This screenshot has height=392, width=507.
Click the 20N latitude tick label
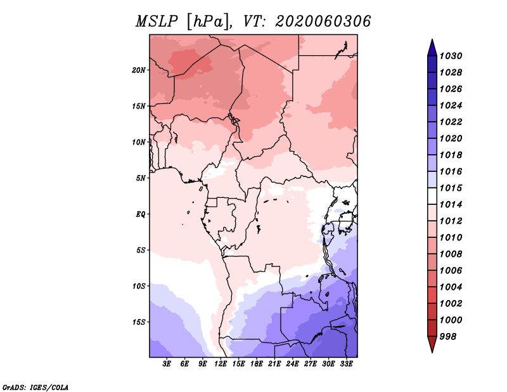point(138,70)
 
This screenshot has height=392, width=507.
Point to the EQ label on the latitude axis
point(140,214)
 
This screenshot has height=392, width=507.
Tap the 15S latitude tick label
point(138,322)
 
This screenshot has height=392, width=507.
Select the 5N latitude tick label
point(140,178)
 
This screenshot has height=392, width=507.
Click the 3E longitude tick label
point(167,364)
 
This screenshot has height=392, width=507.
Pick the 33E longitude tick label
point(346,364)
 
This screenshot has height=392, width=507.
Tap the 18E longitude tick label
point(257,364)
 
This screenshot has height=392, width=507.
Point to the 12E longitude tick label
point(221,364)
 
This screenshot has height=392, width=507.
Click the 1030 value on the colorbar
point(451,56)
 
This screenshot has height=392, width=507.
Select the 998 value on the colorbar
point(448,337)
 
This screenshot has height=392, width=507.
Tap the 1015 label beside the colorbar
point(451,188)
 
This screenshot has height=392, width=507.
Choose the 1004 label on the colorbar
point(451,287)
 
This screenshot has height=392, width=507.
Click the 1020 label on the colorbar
point(451,138)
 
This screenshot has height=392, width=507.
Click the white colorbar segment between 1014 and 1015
point(432,196)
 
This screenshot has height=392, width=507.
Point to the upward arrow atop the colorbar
point(432,48)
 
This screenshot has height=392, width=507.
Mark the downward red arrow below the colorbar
point(432,344)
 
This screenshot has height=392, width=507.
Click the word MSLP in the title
point(157,22)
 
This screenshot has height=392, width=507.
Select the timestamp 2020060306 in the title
point(323,22)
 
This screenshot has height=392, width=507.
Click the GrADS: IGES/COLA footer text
point(35,387)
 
